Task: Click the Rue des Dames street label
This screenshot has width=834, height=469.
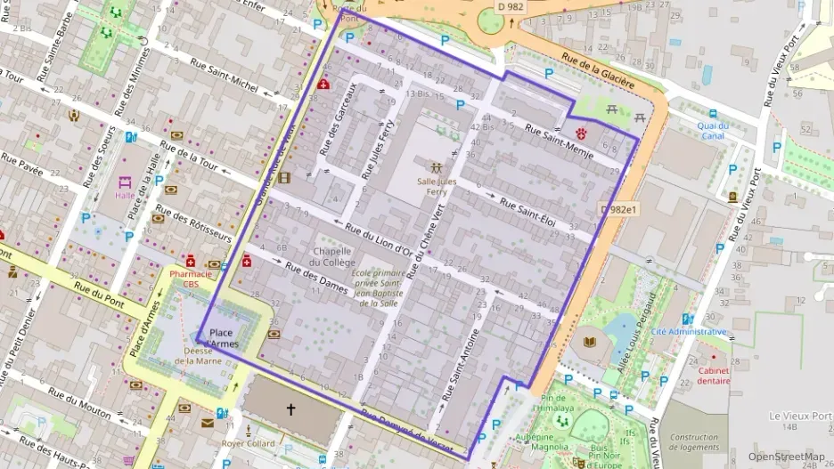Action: [315, 277]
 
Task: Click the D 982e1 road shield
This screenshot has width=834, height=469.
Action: [619, 209]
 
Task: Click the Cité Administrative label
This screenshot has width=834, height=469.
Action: [689, 332]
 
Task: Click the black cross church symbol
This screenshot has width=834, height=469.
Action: [290, 409]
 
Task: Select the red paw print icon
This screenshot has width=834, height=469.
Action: [581, 133]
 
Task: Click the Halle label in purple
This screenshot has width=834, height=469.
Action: [125, 194]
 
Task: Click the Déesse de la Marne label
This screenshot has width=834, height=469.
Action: [209, 355]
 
